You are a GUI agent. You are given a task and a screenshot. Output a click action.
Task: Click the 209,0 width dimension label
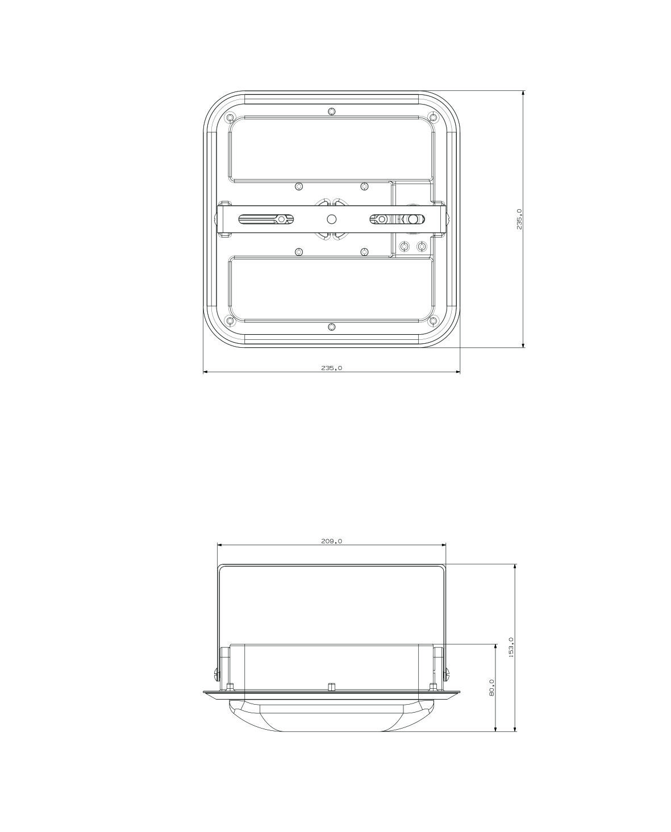click(x=331, y=541)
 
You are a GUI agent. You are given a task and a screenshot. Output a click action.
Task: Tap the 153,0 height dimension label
click(x=511, y=647)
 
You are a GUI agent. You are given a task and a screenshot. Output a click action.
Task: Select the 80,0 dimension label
click(x=491, y=688)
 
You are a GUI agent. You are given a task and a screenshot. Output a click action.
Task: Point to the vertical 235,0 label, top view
click(x=519, y=219)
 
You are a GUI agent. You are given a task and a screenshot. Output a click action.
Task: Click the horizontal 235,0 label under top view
click(x=331, y=368)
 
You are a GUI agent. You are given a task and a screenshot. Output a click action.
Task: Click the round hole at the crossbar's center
click(x=331, y=219)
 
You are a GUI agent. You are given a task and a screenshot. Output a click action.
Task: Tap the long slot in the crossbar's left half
click(x=266, y=219)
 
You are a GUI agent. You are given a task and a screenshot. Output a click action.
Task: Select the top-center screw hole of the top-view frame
click(x=331, y=112)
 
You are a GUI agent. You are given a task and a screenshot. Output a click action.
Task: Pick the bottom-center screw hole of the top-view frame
click(x=331, y=327)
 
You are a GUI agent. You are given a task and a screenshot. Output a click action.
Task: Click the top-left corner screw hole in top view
click(x=230, y=117)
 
